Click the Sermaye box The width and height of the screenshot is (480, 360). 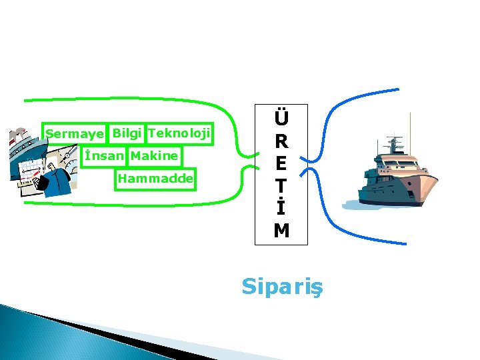point(75,134)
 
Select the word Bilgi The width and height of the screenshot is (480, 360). point(127,133)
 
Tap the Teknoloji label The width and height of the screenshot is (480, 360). point(179,133)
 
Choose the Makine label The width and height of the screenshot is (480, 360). point(155,156)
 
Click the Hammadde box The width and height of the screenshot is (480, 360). point(155,179)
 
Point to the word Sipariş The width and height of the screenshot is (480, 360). point(281,286)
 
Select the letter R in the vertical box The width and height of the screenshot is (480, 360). point(281,142)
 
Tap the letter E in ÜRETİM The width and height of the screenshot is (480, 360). point(281,164)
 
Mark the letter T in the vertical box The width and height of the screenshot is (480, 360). point(281,186)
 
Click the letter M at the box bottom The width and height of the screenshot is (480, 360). point(281,231)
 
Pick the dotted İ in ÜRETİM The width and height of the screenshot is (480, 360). point(281,208)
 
